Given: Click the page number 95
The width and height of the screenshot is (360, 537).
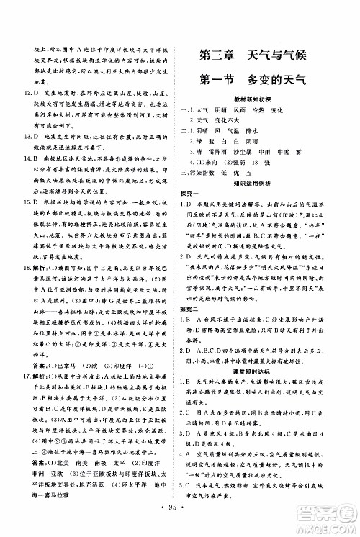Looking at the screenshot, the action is coord(179,523).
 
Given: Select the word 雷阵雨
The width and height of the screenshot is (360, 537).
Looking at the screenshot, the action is coord(222,153).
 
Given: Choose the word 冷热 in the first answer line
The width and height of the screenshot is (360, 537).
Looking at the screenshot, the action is coord(256,108).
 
